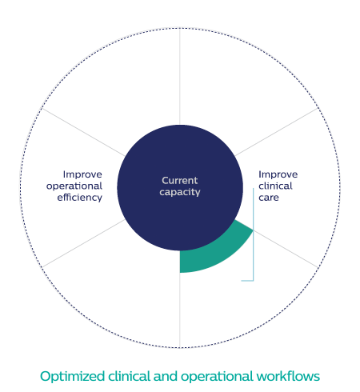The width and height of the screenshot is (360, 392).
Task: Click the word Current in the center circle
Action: [x=180, y=181]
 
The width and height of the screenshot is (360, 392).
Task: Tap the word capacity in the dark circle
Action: [x=180, y=192]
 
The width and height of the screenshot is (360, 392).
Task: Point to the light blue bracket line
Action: [x=253, y=234]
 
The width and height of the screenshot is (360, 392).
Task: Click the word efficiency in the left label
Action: [x=79, y=198]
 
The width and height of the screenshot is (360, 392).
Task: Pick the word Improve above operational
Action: [x=82, y=174]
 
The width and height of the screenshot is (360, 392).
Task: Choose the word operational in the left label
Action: [x=74, y=186]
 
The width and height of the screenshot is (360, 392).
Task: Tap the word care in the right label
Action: [x=269, y=198]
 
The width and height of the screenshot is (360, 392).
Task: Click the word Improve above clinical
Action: [x=278, y=174]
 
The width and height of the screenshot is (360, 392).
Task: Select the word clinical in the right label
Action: [x=275, y=186]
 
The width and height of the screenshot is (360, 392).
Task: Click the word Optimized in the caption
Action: [x=72, y=377]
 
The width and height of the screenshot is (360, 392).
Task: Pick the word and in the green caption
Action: [x=166, y=376]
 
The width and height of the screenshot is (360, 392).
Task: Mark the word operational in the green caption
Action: [x=217, y=377]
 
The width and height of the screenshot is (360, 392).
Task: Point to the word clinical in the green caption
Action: [x=129, y=376]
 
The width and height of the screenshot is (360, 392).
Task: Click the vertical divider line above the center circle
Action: [x=180, y=77]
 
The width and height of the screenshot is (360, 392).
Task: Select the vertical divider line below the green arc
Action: [x=180, y=310]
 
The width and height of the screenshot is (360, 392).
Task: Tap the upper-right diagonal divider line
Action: [x=277, y=132]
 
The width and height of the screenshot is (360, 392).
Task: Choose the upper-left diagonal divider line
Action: [x=83, y=132]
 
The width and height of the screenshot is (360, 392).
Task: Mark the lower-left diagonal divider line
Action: [x=83, y=243]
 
